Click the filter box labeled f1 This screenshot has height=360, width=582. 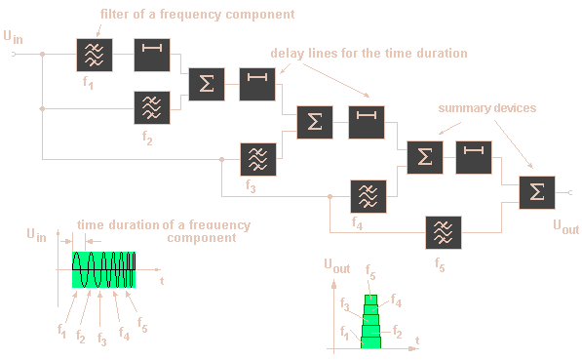(96, 56)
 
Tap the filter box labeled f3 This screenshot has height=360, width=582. (258, 158)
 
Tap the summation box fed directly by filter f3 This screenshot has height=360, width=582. (313, 122)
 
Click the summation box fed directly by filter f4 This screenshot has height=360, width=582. (422, 157)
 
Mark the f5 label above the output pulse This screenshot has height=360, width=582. (370, 271)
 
